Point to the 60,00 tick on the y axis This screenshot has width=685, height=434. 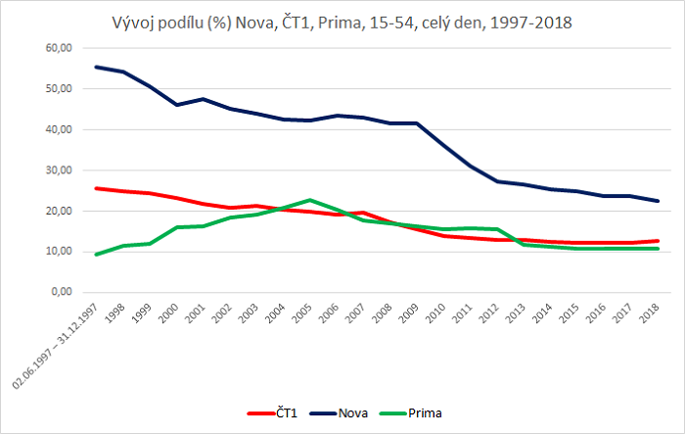57,47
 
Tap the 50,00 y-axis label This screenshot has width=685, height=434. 57,88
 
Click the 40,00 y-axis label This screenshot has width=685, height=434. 57,129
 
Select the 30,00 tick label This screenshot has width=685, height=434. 57,169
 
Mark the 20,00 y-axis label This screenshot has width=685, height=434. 57,211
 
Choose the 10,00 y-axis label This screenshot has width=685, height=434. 57,251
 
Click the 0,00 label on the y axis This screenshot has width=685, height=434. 60,292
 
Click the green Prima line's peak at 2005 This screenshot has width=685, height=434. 309,200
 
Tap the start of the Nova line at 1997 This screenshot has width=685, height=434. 96,67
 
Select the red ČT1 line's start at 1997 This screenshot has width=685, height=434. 96,188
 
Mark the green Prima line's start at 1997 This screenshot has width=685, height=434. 96,254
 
